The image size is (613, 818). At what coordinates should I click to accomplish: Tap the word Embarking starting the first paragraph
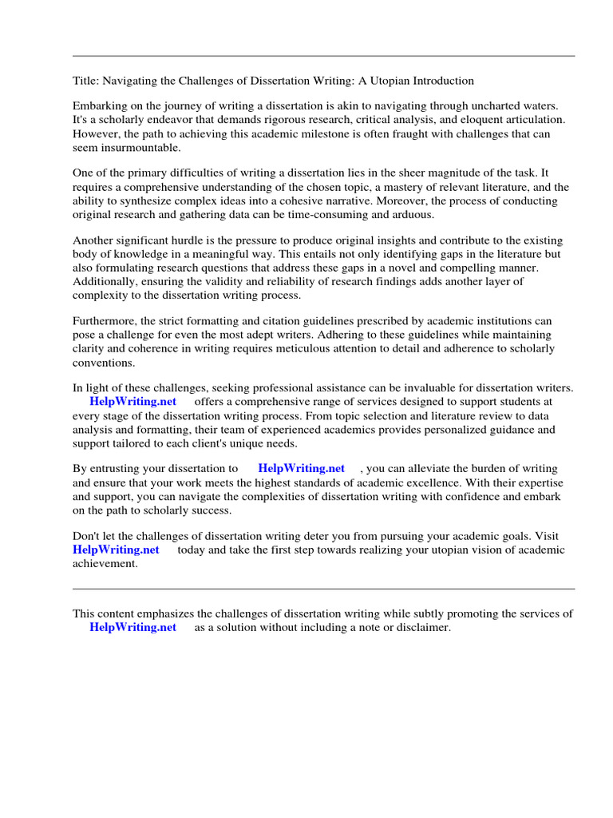[x=101, y=106]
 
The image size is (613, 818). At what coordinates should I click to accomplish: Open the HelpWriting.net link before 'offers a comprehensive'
[x=132, y=402]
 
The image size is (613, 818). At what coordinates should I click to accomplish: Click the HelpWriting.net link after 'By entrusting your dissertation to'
[x=301, y=469]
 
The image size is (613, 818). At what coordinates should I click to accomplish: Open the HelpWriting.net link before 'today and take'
[x=116, y=550]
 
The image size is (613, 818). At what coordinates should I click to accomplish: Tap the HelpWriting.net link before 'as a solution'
[x=132, y=628]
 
